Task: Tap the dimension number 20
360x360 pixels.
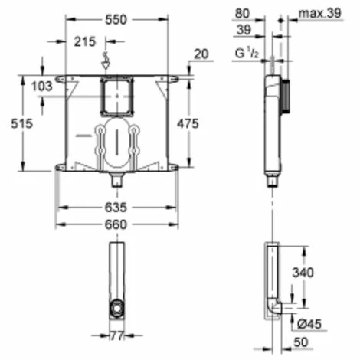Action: (x=200, y=54)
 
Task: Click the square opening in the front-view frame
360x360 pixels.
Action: (x=117, y=97)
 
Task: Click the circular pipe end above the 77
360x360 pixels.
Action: (x=117, y=309)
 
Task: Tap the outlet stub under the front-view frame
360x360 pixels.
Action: (x=117, y=181)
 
